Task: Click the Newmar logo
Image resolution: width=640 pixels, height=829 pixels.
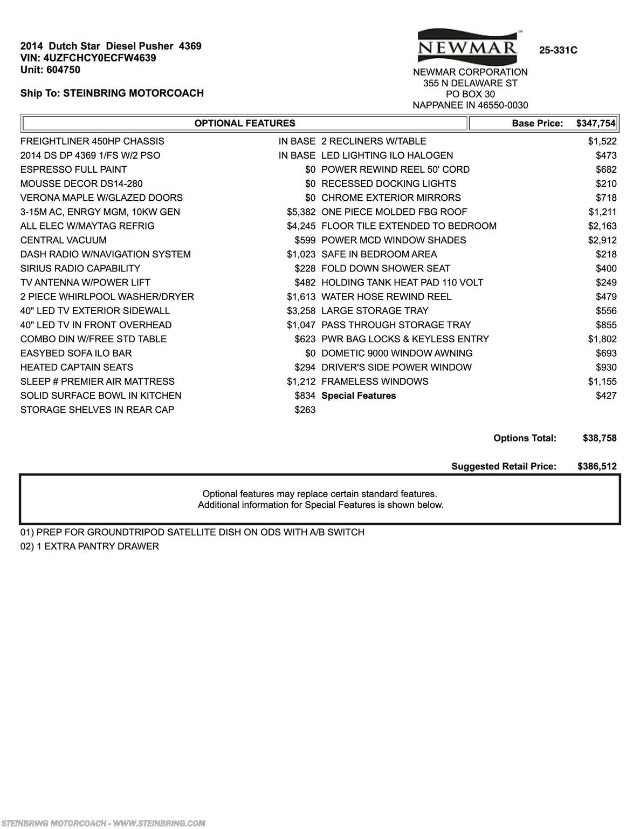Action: pos(467,46)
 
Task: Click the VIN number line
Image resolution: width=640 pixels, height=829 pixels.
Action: pos(88,58)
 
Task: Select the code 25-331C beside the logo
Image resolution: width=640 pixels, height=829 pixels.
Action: pos(558,50)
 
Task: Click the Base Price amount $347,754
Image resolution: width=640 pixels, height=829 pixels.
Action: pos(595,124)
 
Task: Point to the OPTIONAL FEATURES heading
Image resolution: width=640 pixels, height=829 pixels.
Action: pos(245,124)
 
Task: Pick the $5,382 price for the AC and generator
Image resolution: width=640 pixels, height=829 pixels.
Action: pos(301,212)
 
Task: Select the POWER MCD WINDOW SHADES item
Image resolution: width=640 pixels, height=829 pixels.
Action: pos(394,240)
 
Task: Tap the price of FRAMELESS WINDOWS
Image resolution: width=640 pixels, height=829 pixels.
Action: pos(602,382)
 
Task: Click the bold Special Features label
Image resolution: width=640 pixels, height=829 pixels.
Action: pos(359,396)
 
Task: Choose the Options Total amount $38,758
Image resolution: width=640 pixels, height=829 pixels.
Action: pos(600,438)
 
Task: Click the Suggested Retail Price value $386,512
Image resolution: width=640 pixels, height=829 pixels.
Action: pos(597,466)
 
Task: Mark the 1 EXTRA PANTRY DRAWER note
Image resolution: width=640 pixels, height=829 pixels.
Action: pos(90,546)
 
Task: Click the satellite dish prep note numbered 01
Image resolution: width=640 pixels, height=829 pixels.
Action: pos(192,532)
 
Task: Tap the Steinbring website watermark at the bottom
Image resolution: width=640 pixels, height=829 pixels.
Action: pos(102,823)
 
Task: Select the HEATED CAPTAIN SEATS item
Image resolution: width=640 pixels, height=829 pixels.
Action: pos(77,368)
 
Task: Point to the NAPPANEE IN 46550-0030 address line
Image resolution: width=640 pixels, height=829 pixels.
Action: pos(470,105)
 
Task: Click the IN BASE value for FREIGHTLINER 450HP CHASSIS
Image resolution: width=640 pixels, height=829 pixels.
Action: pos(297,141)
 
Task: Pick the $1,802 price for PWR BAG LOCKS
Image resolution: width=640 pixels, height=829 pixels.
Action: pos(602,339)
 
